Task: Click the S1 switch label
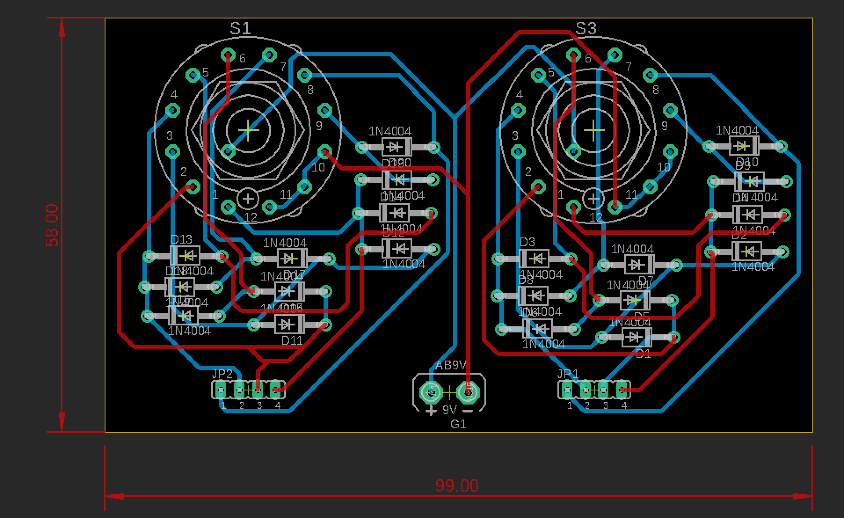click(x=240, y=29)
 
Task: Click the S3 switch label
click(x=586, y=29)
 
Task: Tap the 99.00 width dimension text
click(x=457, y=485)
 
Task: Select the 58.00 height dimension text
click(x=52, y=225)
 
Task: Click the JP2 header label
click(x=222, y=374)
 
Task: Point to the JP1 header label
click(x=568, y=374)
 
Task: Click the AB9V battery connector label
click(x=451, y=365)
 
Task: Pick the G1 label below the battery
click(x=458, y=424)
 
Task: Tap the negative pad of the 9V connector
click(x=468, y=391)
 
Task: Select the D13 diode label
click(x=181, y=240)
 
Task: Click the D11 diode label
click(x=292, y=340)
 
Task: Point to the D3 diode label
click(x=527, y=242)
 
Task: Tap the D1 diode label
click(x=644, y=354)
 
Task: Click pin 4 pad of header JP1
click(x=622, y=389)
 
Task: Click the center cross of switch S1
click(x=248, y=130)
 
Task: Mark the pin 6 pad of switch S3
click(x=573, y=55)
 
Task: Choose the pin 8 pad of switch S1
click(x=304, y=75)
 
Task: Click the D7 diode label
click(x=646, y=280)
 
